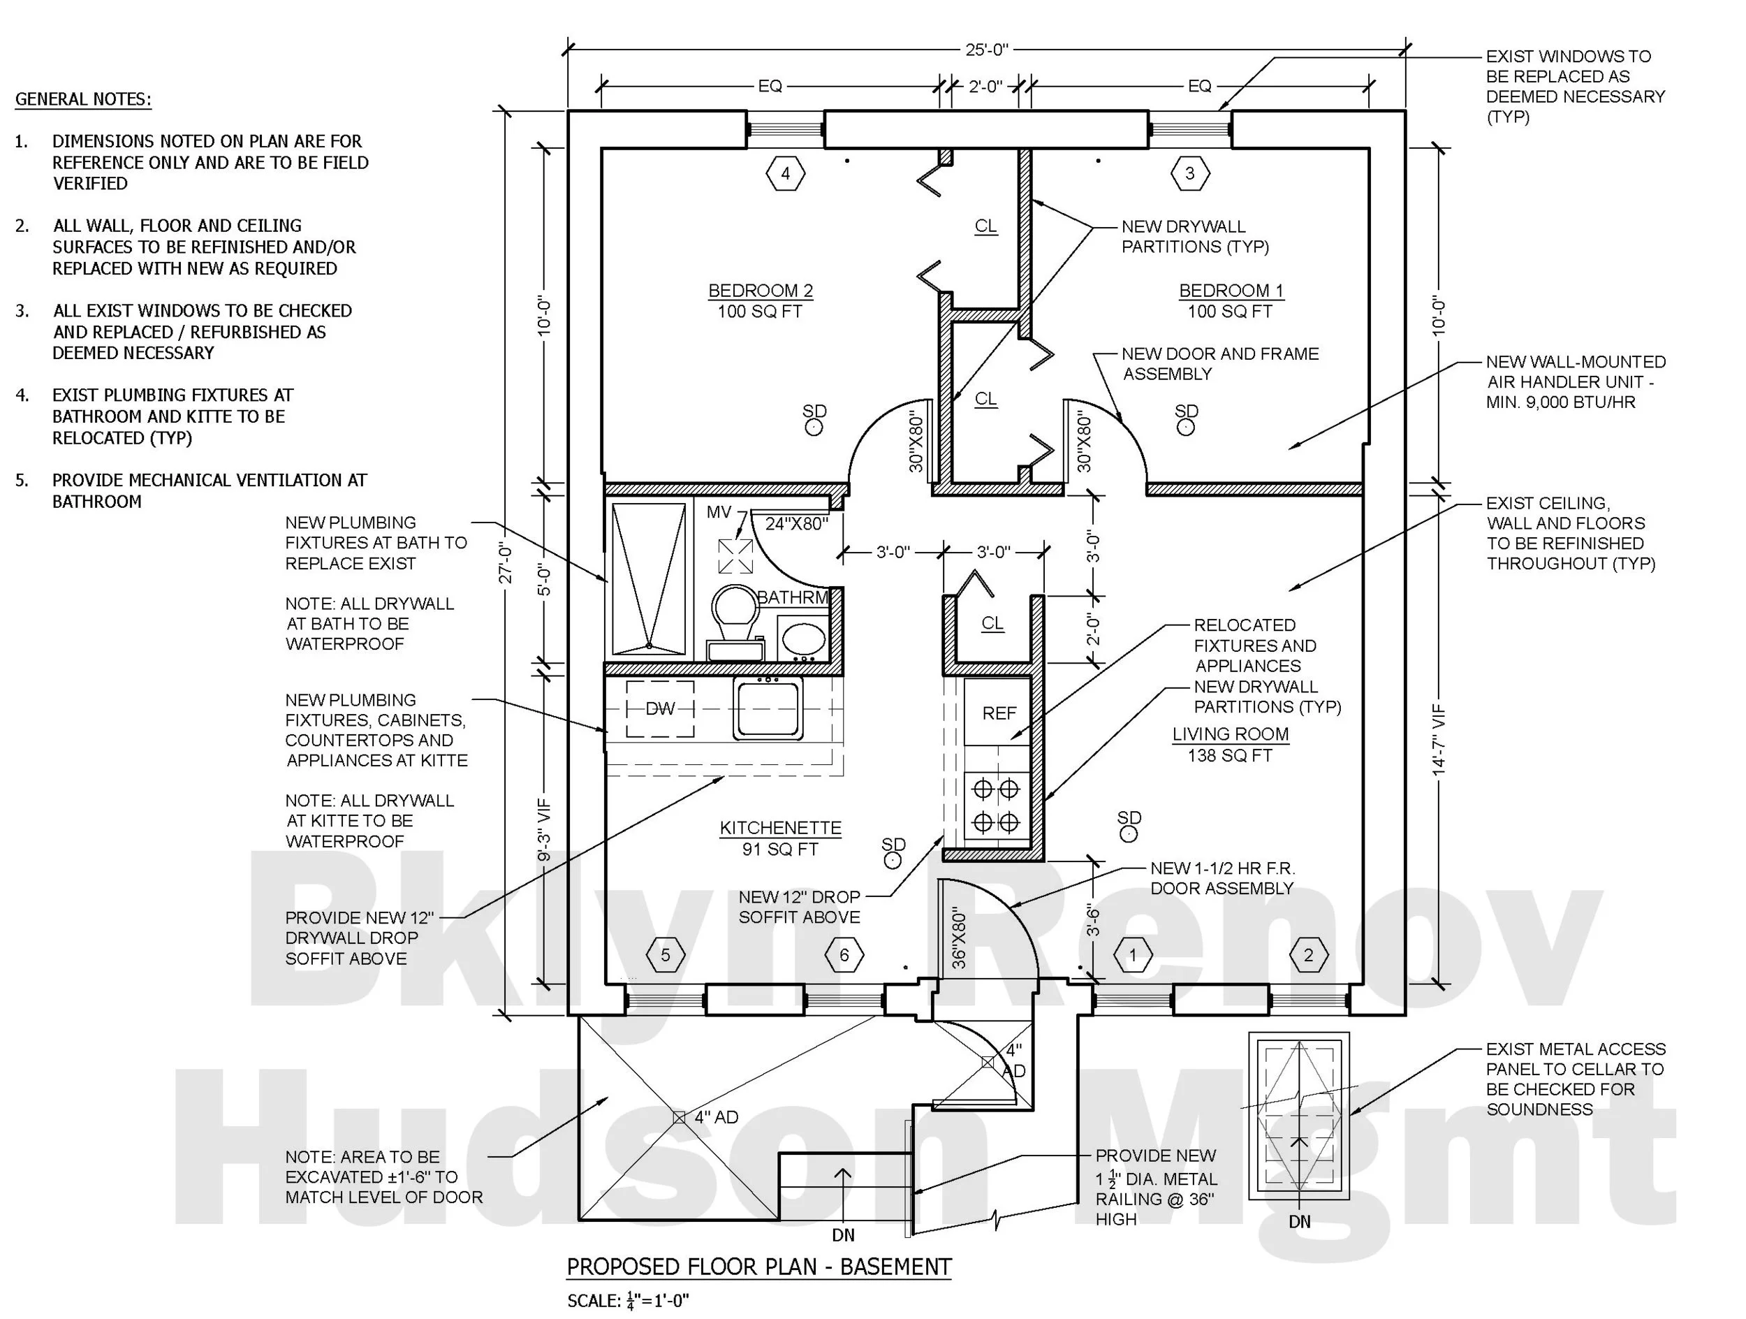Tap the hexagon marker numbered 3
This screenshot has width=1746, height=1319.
point(1189,174)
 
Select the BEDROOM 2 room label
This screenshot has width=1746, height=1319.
point(760,291)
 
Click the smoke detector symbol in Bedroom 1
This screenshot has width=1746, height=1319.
point(1186,427)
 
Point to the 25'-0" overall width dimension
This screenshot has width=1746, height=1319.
point(987,50)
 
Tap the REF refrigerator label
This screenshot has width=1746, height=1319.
point(999,713)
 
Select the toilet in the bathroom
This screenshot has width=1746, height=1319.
point(735,620)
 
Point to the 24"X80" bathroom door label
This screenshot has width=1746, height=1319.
point(796,524)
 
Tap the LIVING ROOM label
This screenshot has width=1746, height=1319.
point(1230,734)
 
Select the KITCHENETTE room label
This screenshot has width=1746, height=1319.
point(780,828)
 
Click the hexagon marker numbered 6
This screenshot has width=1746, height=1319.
point(844,955)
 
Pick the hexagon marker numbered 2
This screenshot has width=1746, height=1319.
point(1308,955)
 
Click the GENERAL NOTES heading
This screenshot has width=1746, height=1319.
point(83,99)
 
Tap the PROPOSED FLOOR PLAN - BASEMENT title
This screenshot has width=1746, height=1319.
point(758,1267)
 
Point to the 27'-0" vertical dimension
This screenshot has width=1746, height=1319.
point(506,564)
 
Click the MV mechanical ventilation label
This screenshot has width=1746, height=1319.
point(718,512)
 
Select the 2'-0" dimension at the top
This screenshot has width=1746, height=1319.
point(985,86)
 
